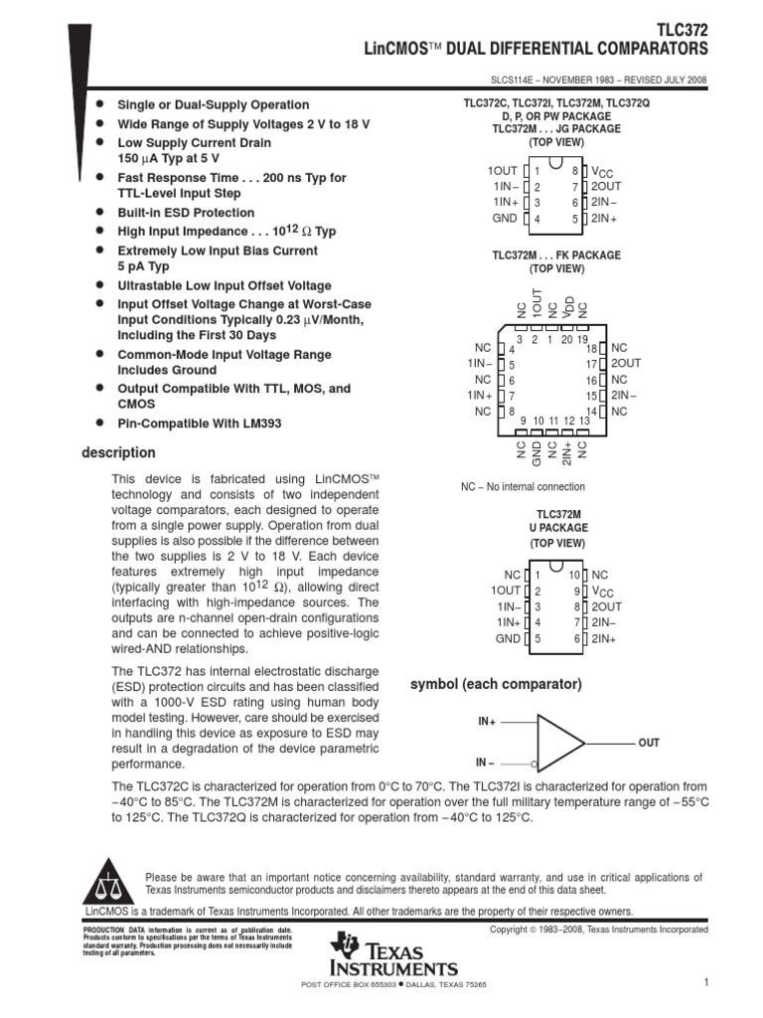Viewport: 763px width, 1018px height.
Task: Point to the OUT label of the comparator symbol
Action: (648, 743)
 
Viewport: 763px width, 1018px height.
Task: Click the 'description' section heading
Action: (118, 453)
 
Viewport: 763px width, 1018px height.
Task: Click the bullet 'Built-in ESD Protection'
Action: (186, 213)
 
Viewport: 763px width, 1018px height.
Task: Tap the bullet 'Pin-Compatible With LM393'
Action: (200, 424)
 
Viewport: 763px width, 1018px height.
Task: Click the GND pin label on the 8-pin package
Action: (505, 218)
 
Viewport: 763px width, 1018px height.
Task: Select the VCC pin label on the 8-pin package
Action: (605, 172)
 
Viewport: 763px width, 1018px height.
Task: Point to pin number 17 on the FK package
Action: (590, 365)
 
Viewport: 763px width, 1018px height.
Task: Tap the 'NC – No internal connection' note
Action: (523, 487)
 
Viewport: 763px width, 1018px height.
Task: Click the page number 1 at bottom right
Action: (704, 982)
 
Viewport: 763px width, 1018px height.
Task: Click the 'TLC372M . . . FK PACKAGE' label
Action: (556, 255)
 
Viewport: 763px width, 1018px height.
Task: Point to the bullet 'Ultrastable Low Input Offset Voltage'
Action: (225, 285)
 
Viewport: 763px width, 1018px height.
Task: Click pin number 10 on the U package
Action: (574, 576)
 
